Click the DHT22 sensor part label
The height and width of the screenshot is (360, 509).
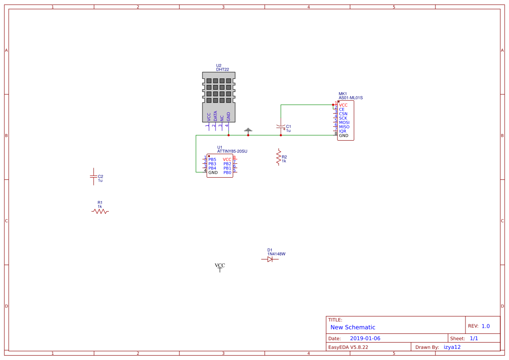(222, 69)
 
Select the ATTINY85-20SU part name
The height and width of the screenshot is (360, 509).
(232, 151)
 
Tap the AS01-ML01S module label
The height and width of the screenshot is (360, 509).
(351, 98)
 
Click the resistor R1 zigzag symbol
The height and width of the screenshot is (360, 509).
(100, 211)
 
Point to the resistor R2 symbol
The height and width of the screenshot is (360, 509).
(279, 157)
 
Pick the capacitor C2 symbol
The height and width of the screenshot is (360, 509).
(93, 176)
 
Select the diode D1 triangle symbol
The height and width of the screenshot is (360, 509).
(270, 259)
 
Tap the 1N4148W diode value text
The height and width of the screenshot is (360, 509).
(276, 254)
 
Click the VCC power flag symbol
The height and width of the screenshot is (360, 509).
(220, 267)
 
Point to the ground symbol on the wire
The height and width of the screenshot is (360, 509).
(248, 130)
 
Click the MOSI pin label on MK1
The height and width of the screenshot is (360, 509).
(344, 122)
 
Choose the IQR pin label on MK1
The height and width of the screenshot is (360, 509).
(343, 131)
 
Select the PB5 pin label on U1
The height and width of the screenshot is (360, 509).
(212, 159)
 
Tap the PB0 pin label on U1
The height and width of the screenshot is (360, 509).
(227, 172)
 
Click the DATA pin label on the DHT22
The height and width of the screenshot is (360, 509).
(215, 116)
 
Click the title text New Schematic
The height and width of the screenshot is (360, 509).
(353, 327)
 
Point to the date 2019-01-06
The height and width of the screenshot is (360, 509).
(365, 338)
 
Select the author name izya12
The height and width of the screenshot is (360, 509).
(452, 347)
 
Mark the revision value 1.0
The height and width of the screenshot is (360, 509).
(485, 326)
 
